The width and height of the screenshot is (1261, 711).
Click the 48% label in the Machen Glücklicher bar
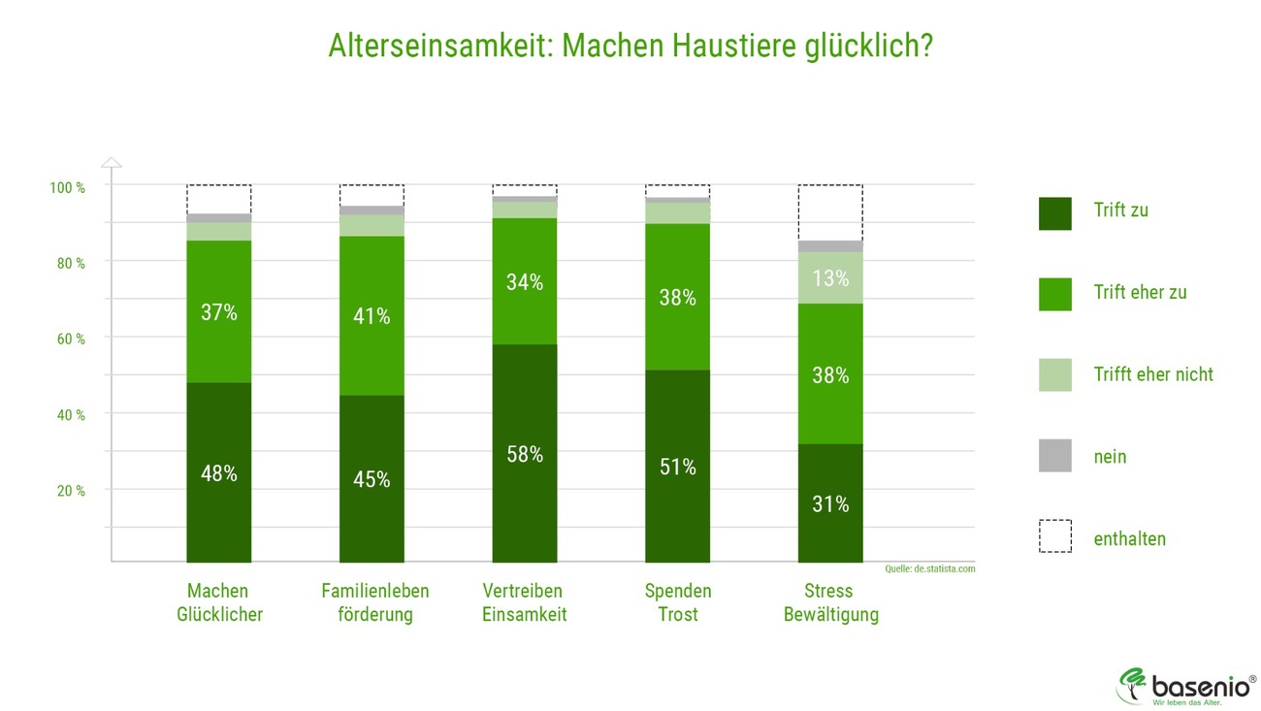(x=218, y=474)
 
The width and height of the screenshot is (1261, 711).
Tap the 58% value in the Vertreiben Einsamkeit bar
(x=525, y=454)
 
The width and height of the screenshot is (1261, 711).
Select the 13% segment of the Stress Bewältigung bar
(x=830, y=279)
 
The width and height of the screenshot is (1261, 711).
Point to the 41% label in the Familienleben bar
(x=372, y=316)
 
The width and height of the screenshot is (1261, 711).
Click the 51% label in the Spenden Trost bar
(x=677, y=467)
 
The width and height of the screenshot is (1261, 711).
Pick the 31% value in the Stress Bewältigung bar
(x=830, y=504)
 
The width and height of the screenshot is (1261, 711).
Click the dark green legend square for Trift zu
(x=1054, y=213)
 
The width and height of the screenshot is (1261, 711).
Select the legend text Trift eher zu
(x=1140, y=292)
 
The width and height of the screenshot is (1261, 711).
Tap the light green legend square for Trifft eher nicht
(x=1054, y=374)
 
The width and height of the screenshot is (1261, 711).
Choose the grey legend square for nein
(x=1054, y=456)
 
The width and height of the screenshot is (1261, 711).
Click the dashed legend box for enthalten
(x=1054, y=536)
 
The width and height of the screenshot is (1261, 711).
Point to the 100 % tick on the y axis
(x=67, y=187)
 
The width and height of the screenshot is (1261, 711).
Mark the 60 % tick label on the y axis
(x=67, y=339)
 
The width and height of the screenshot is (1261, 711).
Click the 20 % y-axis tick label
(x=67, y=491)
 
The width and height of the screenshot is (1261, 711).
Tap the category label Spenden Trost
(x=677, y=602)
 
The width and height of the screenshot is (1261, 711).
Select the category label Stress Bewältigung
(x=830, y=602)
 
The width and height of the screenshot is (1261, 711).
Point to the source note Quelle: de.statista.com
(x=929, y=569)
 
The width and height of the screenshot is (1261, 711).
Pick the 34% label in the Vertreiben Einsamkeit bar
(x=525, y=283)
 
